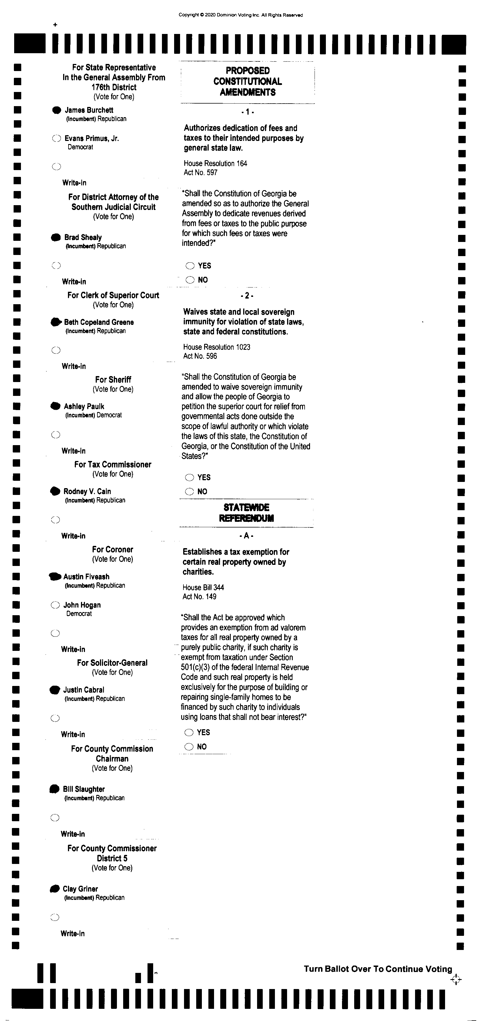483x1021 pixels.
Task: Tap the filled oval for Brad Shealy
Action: tap(56, 237)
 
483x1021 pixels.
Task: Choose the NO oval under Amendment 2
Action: tap(190, 492)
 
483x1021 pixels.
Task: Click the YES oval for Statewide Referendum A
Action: tap(189, 732)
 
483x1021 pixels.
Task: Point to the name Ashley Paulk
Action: tap(84, 406)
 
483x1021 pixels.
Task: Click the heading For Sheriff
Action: tap(113, 379)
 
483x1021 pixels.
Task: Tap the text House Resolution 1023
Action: tap(217, 347)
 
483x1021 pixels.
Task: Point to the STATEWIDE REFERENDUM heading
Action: tap(246, 512)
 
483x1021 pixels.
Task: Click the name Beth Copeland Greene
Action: tap(99, 322)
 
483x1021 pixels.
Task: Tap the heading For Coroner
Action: tap(113, 549)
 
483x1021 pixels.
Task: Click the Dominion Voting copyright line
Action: tap(241, 15)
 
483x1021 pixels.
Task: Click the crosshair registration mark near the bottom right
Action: tap(456, 980)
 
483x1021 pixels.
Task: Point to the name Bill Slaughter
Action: tap(84, 789)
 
